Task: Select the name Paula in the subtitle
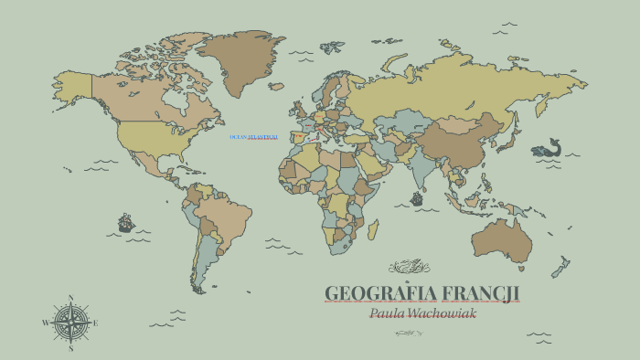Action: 389,312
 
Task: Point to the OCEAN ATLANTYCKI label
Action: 253,137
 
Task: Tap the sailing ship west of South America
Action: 125,222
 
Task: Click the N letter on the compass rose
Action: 71,297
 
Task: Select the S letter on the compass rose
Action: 71,347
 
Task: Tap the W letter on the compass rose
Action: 45,323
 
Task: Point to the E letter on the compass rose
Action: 96,323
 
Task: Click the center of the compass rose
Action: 71,323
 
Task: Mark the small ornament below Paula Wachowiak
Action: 409,333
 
